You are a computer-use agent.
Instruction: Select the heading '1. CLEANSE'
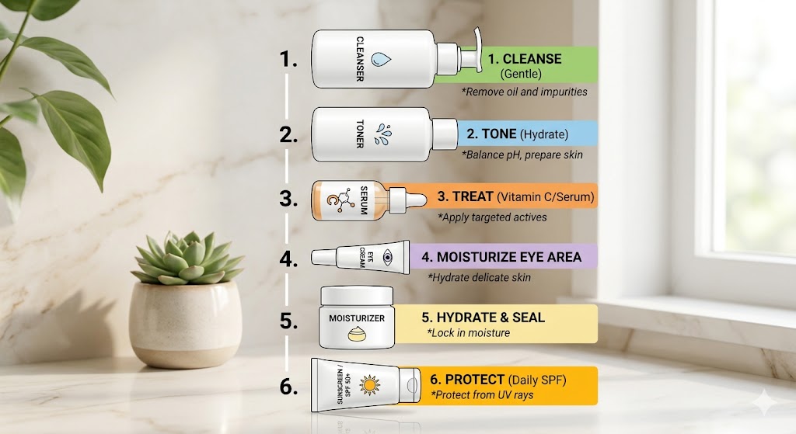pyautogui.click(x=524, y=59)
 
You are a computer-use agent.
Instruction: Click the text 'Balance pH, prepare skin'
pyautogui.click(x=522, y=155)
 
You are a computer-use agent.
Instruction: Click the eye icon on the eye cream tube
pyautogui.click(x=389, y=257)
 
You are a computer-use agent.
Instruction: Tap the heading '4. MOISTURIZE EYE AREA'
pyautogui.click(x=501, y=257)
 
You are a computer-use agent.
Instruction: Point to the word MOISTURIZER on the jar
pyautogui.click(x=357, y=318)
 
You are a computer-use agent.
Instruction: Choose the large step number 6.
pyautogui.click(x=288, y=386)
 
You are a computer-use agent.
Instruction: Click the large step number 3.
pyautogui.click(x=288, y=198)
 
